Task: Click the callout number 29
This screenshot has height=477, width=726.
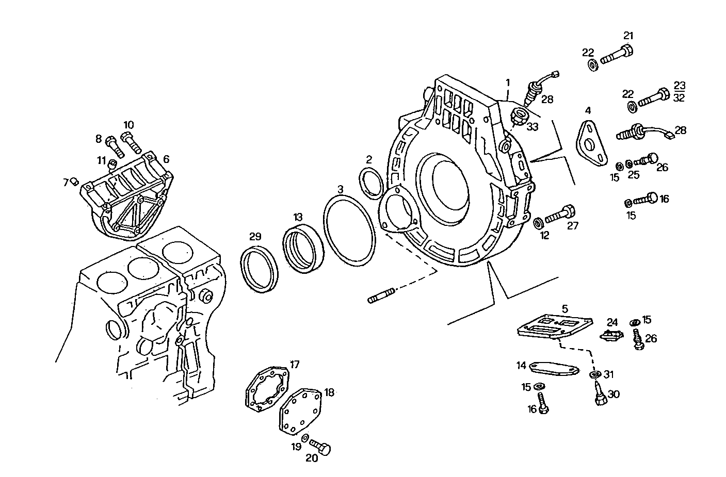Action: click(255, 237)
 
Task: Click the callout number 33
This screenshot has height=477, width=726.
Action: click(532, 126)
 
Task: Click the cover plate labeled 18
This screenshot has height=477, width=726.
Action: click(301, 410)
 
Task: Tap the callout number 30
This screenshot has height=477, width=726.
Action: click(614, 394)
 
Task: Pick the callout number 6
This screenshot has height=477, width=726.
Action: click(166, 159)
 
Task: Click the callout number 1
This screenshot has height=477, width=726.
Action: click(508, 82)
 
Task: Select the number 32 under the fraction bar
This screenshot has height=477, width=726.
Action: click(679, 98)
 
